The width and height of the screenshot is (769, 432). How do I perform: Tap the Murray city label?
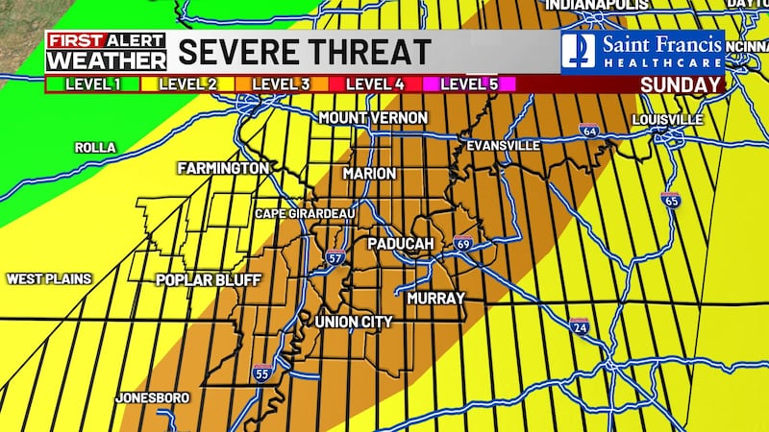tap(435, 299)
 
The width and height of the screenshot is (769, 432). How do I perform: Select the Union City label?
tap(354, 322)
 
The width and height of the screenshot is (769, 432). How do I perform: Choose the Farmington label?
tap(223, 168)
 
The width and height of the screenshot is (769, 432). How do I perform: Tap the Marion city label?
tap(370, 174)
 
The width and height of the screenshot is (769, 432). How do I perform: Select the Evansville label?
tap(498, 146)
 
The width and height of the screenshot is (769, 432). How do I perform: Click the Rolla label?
tap(95, 148)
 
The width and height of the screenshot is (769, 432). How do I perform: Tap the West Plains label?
tap(49, 279)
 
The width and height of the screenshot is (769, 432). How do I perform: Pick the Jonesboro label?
tap(152, 397)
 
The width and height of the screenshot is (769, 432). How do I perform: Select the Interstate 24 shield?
tap(579, 326)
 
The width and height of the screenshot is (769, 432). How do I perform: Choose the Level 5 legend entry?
tap(468, 84)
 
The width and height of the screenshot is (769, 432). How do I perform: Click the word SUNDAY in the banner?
tap(682, 84)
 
